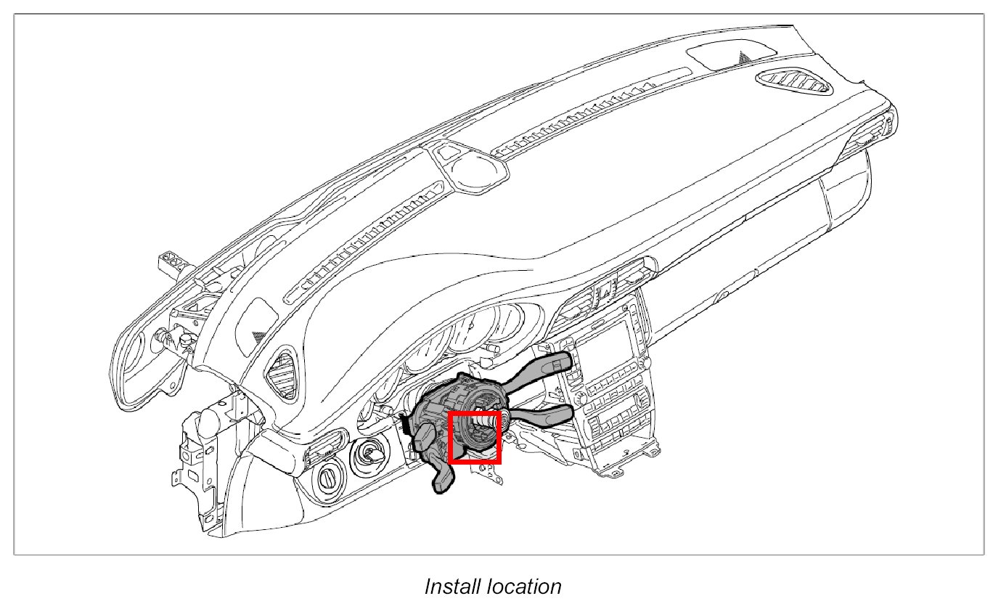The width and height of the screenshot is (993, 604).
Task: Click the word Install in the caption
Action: pos(456,586)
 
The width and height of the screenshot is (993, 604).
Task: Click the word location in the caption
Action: pos(528,586)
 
